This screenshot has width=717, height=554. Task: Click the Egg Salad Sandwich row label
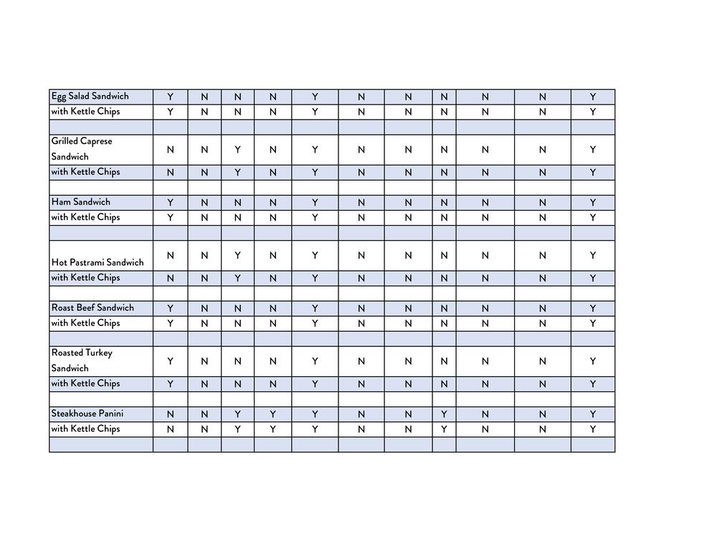tap(90, 96)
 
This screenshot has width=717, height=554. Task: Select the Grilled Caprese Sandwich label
tap(82, 149)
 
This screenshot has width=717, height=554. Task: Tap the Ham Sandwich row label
tap(81, 202)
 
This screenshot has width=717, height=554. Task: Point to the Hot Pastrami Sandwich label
tap(98, 262)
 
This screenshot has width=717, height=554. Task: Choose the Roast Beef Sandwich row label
tap(92, 308)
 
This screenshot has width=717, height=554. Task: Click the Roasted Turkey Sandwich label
tap(82, 360)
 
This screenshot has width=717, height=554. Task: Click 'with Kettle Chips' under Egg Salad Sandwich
tap(85, 112)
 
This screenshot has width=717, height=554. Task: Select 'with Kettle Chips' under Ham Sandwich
tap(85, 217)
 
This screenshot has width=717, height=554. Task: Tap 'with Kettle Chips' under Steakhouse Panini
tap(85, 429)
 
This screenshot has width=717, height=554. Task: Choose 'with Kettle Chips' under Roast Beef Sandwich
tap(85, 323)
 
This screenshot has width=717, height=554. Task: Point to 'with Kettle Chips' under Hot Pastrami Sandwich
tap(85, 277)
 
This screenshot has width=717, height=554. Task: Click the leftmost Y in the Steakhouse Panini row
tap(238, 414)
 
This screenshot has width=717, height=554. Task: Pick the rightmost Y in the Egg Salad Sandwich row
tap(593, 97)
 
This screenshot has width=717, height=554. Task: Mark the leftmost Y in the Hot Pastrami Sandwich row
tap(238, 256)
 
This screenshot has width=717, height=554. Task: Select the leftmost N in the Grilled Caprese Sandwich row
tap(170, 150)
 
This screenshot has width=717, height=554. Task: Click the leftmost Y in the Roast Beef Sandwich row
tap(170, 308)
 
